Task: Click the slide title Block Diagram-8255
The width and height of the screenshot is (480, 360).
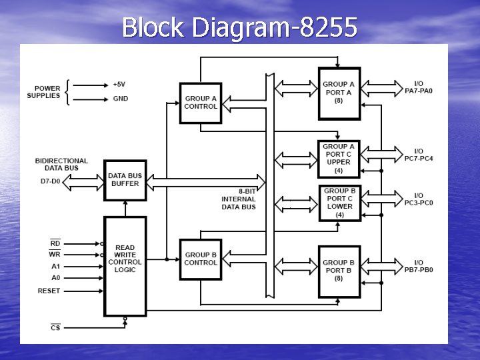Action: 239,27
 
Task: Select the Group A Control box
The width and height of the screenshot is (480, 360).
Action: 201,103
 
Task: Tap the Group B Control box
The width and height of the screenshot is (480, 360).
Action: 201,259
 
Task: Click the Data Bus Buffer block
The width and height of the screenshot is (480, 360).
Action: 125,180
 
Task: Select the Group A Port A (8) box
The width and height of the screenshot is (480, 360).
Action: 339,93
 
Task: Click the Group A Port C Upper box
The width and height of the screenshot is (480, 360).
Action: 339,158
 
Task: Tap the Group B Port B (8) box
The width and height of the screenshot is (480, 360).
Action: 339,270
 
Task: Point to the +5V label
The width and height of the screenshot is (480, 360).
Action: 119,85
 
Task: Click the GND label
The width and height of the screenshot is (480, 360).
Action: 121,99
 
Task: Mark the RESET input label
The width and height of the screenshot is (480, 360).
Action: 49,291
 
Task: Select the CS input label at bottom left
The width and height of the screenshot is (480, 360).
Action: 55,327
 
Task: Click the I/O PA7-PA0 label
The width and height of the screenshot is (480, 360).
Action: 419,87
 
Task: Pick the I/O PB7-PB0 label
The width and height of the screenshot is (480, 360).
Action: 419,266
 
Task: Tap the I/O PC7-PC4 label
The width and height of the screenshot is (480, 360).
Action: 419,155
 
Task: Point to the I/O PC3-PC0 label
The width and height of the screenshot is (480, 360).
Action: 419,199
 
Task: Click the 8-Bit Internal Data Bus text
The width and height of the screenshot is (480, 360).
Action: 239,199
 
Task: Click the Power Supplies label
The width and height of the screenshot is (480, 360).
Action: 43,92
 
